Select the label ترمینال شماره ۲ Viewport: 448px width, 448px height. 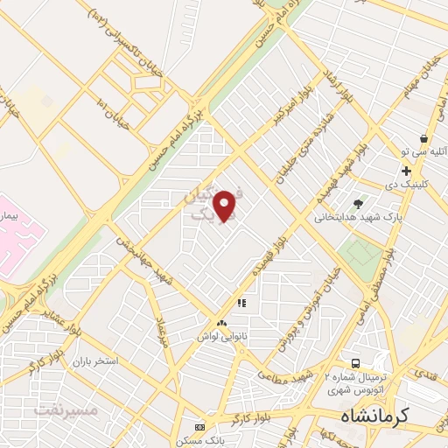tap(357, 376)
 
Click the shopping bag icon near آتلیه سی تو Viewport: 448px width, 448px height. tap(423, 138)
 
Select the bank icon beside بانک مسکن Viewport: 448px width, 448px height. tap(201, 428)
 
